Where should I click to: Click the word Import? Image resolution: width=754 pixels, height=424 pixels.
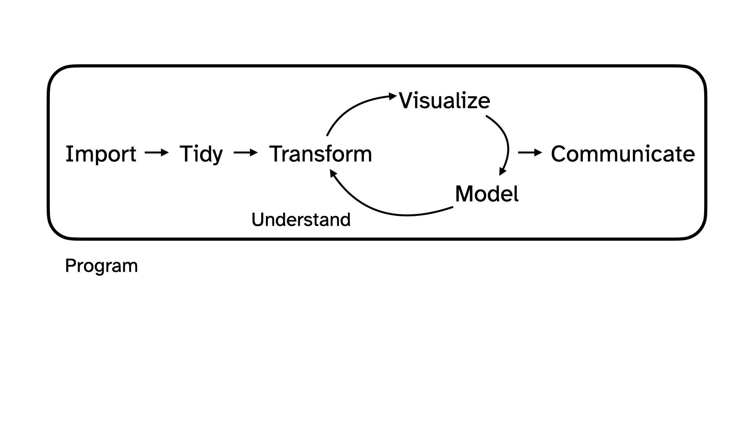[101, 154]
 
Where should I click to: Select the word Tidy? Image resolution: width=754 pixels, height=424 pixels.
[201, 154]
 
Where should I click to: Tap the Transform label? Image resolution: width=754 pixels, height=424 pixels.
[320, 154]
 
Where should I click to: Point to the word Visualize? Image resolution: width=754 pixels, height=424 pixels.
[444, 101]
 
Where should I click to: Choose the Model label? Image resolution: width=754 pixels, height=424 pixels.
[487, 194]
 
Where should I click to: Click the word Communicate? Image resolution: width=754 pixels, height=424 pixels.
[622, 154]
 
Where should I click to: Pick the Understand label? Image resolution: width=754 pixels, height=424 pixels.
[301, 219]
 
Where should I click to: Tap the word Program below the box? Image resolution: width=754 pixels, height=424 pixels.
[101, 266]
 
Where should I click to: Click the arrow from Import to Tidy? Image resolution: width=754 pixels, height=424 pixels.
[156, 152]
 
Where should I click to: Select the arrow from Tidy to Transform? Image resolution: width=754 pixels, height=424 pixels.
[245, 152]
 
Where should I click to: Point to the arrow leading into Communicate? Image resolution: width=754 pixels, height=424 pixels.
[530, 152]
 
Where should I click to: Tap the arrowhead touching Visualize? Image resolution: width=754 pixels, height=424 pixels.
[393, 95]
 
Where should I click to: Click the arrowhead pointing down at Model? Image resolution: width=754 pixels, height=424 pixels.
[502, 172]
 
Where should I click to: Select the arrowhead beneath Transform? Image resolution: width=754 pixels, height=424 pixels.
[333, 173]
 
